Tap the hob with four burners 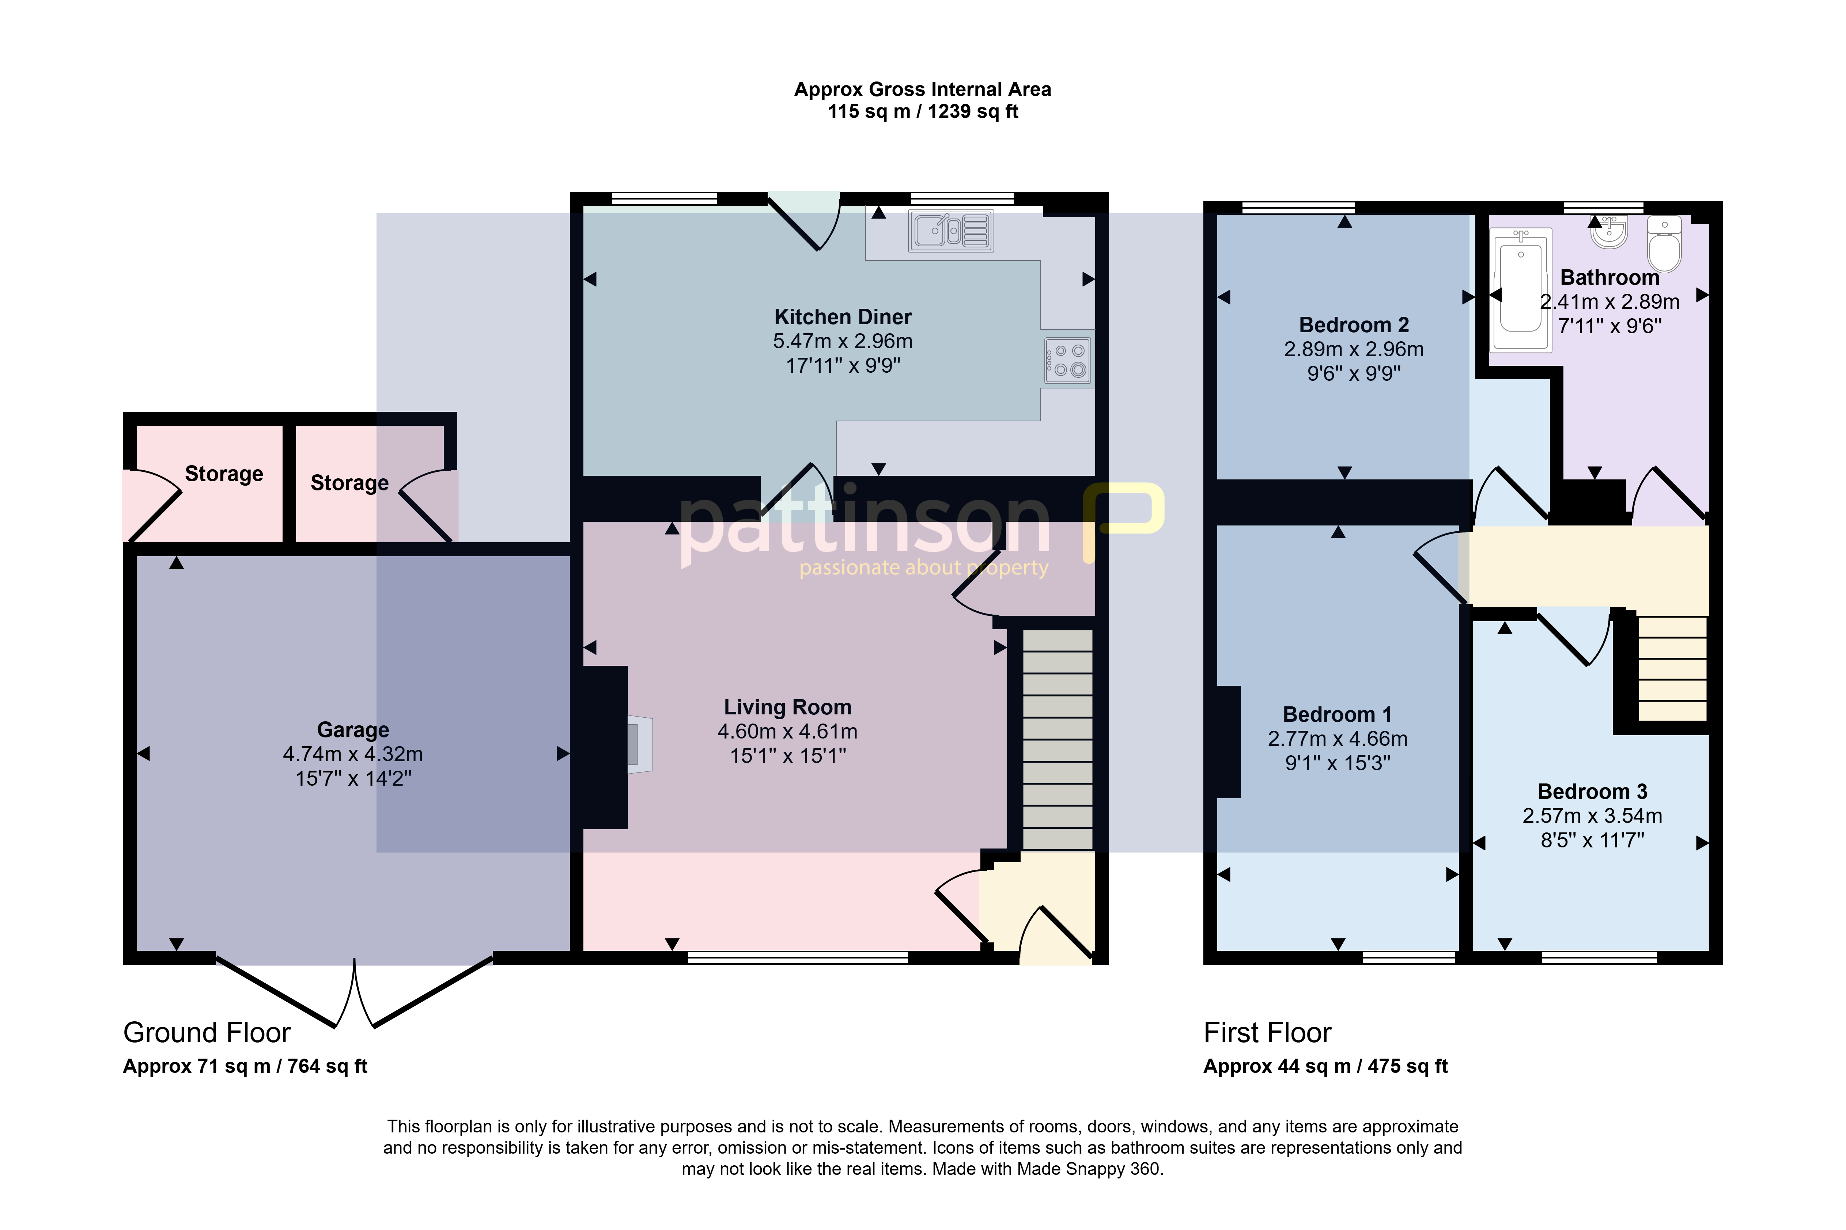tap(1068, 361)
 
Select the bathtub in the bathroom tap(1521, 290)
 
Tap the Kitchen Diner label tap(843, 317)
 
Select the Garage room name tap(353, 730)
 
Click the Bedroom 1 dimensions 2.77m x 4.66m tap(1338, 739)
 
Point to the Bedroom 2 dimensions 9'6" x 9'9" tap(1354, 373)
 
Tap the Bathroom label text tap(1610, 278)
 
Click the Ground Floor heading tap(207, 1032)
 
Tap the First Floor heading tap(1268, 1032)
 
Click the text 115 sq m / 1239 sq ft tap(923, 111)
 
